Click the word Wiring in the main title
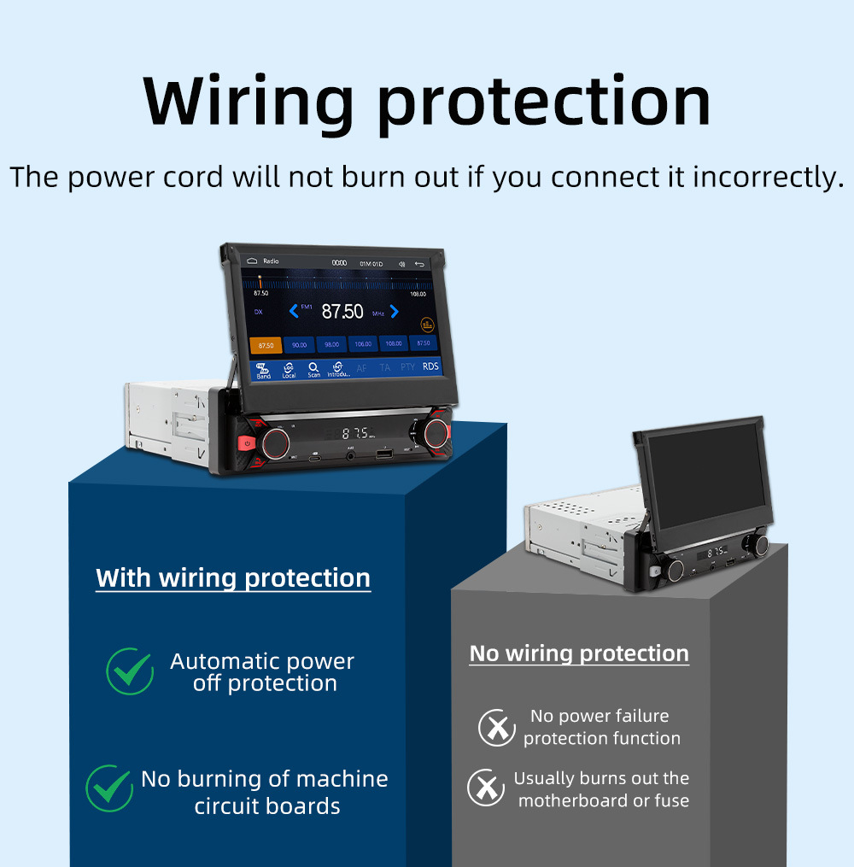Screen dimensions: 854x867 tap(248, 103)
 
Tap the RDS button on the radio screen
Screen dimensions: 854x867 tap(430, 366)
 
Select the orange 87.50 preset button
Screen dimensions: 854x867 tap(266, 345)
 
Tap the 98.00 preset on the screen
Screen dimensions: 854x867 tap(331, 344)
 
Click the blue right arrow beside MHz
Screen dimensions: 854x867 tap(395, 311)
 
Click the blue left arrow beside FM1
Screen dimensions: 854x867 tap(294, 311)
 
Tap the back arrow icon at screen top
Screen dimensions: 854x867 tap(419, 264)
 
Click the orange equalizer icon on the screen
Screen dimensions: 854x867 tap(427, 325)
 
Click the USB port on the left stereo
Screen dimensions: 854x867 tap(383, 454)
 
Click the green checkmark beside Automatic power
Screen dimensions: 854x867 tap(130, 671)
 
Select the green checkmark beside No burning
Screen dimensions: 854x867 tap(109, 788)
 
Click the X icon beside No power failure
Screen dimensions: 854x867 tap(496, 728)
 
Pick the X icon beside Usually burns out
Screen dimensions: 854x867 tap(486, 788)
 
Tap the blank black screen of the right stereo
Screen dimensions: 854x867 tap(702, 483)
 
